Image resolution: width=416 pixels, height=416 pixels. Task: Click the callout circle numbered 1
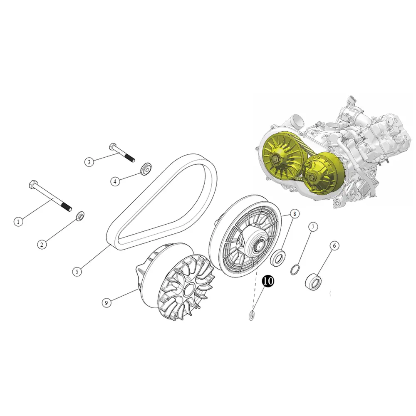(18, 222)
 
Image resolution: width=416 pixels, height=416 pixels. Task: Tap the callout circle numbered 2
(42, 245)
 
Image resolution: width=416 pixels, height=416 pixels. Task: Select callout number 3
(89, 162)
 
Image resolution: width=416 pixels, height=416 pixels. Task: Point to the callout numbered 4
(115, 181)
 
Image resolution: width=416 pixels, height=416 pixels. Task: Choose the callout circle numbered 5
(77, 272)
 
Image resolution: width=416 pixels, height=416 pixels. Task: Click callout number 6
(334, 246)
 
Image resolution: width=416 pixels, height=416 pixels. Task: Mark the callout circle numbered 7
(313, 227)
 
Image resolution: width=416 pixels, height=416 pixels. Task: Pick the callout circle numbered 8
(295, 213)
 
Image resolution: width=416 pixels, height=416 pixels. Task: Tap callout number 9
(106, 303)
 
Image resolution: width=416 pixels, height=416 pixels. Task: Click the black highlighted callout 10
(268, 281)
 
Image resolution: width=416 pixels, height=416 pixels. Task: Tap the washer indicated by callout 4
(146, 168)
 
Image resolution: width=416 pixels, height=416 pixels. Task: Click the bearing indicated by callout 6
(313, 281)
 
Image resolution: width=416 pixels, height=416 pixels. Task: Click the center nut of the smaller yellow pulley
(313, 176)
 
